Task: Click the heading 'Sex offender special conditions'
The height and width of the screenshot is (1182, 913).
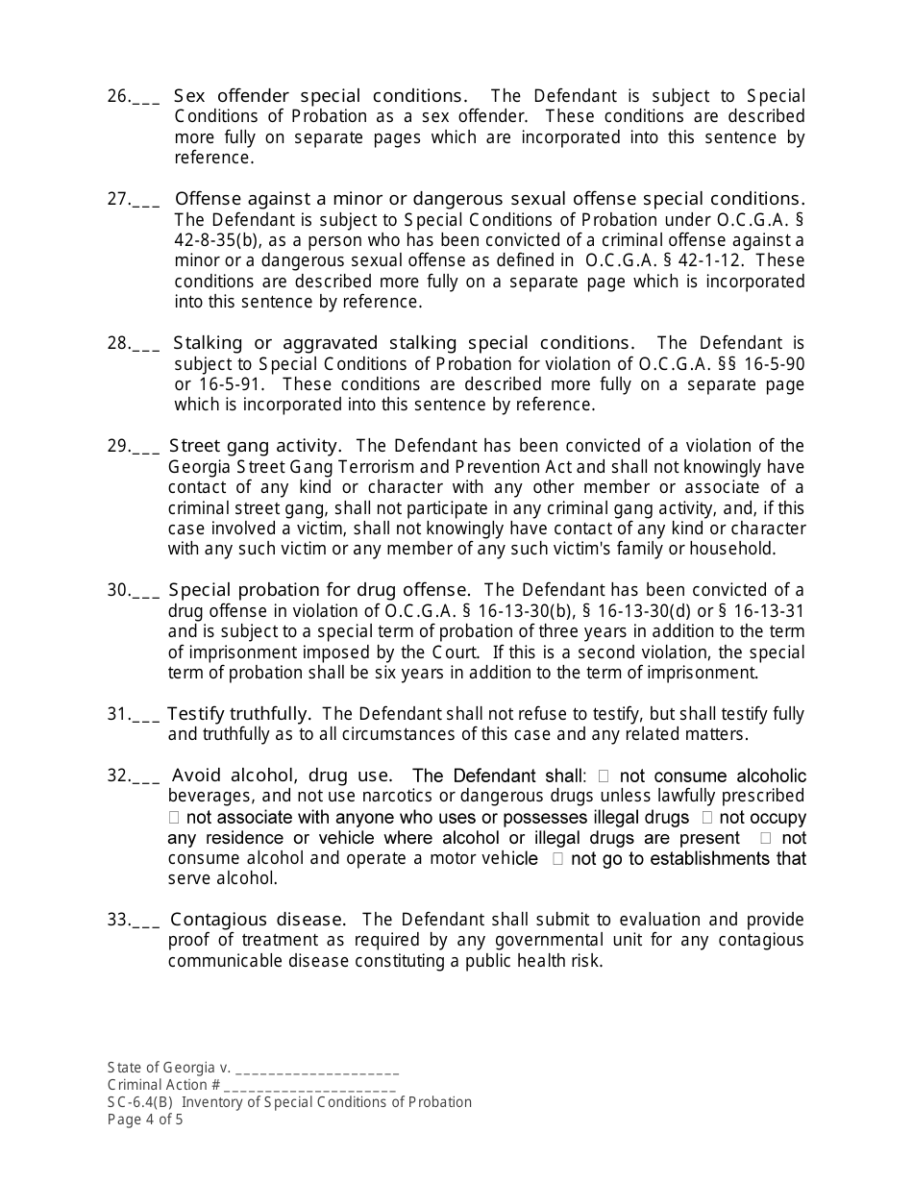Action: click(319, 96)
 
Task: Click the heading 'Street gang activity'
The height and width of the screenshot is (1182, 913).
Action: click(255, 446)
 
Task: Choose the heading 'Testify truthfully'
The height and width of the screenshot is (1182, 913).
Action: click(238, 714)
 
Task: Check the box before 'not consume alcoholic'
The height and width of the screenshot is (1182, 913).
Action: click(604, 776)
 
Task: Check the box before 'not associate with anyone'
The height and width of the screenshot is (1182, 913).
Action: click(174, 818)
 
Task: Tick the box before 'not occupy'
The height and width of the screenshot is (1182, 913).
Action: click(706, 818)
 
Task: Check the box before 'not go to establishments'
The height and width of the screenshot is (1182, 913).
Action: click(558, 859)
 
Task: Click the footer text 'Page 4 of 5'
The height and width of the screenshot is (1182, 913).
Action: click(145, 1120)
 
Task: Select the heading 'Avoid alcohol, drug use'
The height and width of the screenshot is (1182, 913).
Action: click(282, 776)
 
